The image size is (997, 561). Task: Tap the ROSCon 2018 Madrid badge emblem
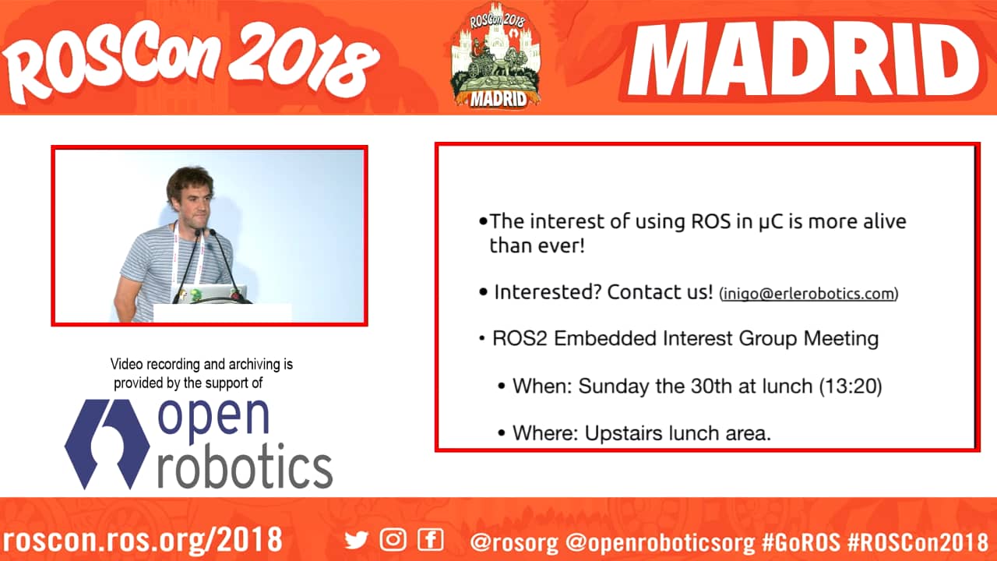point(495,55)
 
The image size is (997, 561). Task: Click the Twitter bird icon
point(356,540)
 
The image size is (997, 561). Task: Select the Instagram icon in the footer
point(393,540)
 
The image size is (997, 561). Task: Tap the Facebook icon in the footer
point(431,540)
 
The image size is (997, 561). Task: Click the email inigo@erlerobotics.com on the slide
point(809,294)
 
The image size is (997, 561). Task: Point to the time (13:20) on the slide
point(851,386)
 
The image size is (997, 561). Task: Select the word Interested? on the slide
point(548,292)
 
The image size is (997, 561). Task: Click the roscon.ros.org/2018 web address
point(143,540)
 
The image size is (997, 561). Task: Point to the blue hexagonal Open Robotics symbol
point(107,444)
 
